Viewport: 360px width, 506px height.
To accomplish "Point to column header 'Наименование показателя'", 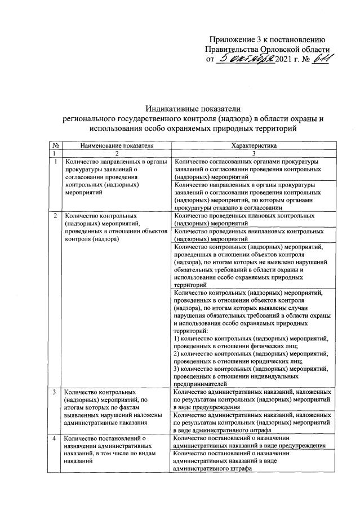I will [x=117, y=145].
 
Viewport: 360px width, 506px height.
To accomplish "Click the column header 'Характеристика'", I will [x=253, y=145].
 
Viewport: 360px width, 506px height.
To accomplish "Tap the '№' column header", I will [x=56, y=145].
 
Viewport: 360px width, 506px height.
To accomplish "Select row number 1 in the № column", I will [x=56, y=162].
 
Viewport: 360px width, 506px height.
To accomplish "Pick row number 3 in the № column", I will [x=56, y=392].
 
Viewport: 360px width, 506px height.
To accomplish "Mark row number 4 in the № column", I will [x=56, y=438].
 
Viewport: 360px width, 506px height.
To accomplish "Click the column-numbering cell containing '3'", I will [x=253, y=153].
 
